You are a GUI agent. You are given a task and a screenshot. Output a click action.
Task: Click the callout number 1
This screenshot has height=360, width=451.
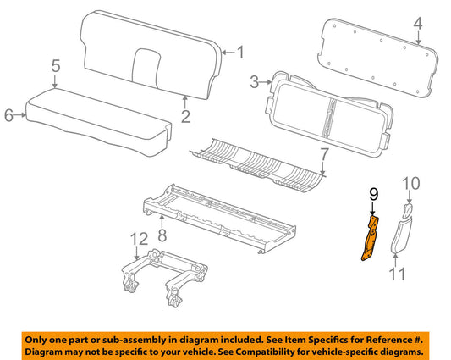click(239, 53)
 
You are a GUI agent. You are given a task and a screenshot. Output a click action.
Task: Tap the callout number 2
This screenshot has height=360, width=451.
click(185, 116)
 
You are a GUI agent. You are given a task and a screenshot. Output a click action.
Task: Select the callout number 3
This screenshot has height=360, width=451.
click(253, 82)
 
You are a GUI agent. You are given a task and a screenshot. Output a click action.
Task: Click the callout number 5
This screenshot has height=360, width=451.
click(55, 65)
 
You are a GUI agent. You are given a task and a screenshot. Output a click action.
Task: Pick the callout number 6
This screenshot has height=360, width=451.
click(9, 116)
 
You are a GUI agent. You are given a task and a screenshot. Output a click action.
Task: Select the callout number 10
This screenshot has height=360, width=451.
click(410, 183)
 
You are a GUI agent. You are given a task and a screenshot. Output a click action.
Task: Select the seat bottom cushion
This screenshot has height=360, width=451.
click(93, 114)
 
